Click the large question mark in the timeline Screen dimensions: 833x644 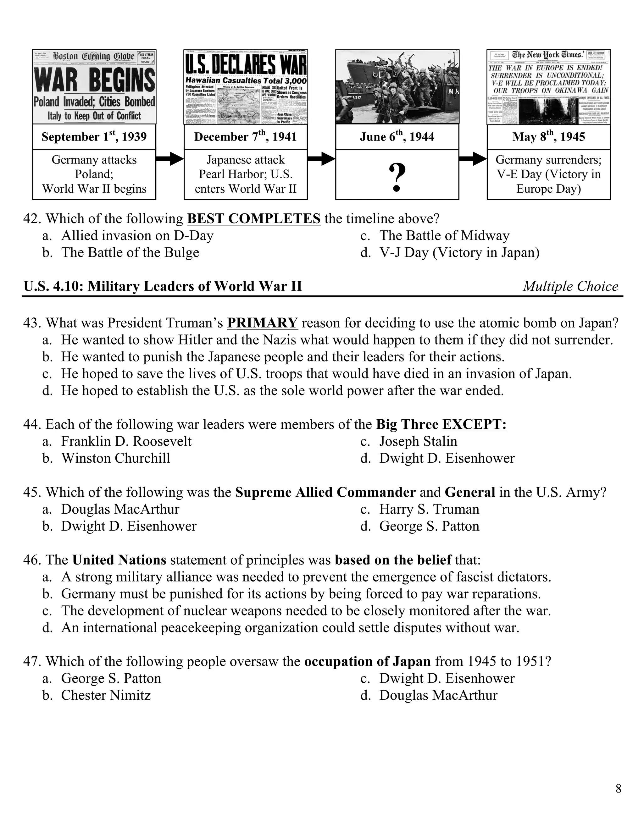click(397, 177)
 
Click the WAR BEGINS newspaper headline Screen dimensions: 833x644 click(94, 80)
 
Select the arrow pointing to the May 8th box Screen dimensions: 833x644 click(473, 158)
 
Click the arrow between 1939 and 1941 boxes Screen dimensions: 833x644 click(170, 158)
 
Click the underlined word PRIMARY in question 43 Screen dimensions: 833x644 click(262, 323)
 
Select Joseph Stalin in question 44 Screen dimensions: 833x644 click(418, 441)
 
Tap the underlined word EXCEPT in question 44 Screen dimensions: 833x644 click(474, 424)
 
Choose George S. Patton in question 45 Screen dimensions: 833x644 click(429, 526)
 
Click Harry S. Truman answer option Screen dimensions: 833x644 click(429, 510)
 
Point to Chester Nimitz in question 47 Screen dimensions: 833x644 click(106, 695)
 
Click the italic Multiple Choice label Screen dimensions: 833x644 click(570, 286)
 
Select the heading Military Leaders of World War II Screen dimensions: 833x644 click(163, 286)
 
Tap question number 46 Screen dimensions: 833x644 click(32, 560)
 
